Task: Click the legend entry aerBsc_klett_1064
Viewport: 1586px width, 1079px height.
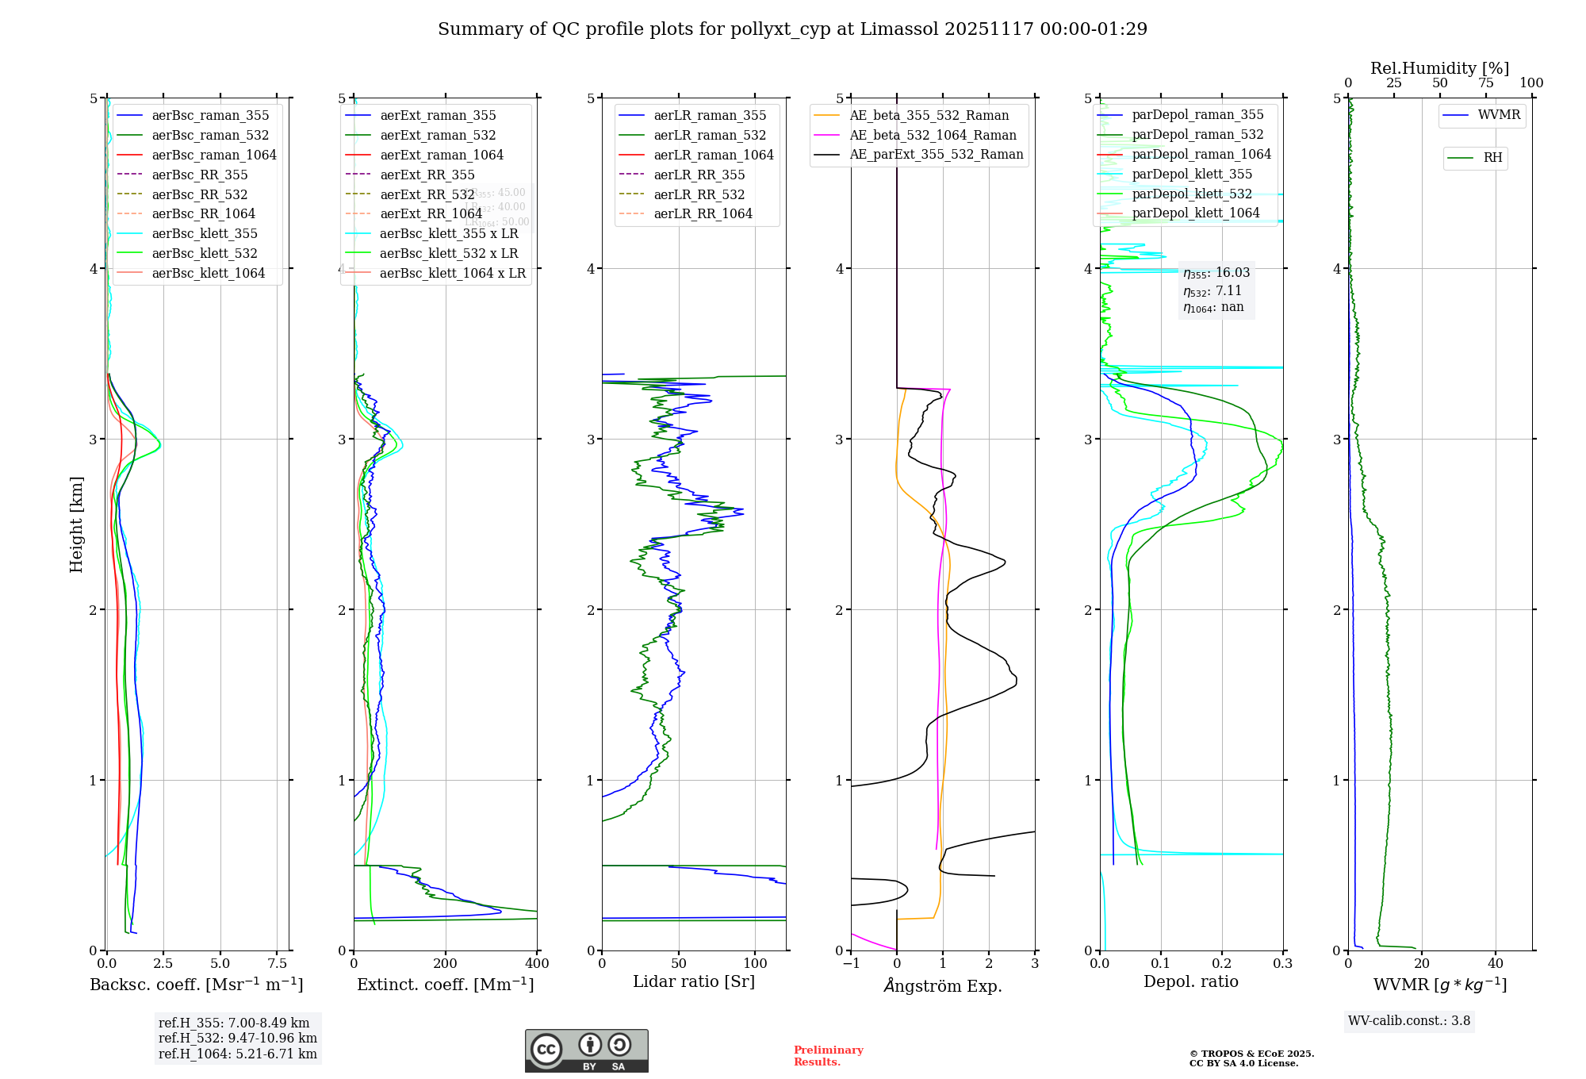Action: tap(208, 273)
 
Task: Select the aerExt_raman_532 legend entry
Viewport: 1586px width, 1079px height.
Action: tap(438, 135)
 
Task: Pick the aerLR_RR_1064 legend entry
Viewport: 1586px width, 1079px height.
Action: tap(703, 213)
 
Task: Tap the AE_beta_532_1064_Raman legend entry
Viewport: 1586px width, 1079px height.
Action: tap(933, 135)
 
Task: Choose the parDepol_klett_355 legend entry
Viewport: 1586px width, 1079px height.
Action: tap(1192, 174)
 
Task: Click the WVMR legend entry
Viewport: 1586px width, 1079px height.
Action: tap(1499, 115)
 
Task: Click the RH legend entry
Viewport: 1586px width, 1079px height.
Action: tap(1492, 158)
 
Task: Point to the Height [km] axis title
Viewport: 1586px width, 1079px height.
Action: tap(76, 524)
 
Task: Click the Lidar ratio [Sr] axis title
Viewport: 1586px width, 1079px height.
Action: tap(694, 981)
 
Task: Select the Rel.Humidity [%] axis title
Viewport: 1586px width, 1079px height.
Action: tap(1439, 68)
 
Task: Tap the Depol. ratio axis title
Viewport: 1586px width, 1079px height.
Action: tap(1190, 981)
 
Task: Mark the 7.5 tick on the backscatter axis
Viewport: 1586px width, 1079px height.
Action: tap(278, 963)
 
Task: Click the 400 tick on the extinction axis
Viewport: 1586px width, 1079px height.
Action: tap(537, 963)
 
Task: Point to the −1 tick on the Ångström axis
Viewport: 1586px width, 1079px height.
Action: tap(851, 963)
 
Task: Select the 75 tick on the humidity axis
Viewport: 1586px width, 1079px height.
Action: tap(1485, 83)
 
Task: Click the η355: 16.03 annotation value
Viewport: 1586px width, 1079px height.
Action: tap(1216, 273)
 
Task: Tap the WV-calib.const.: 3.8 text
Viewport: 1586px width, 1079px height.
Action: tap(1409, 1020)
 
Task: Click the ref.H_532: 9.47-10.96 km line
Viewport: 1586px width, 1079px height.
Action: tap(237, 1038)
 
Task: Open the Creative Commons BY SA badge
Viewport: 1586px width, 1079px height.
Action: tap(586, 1050)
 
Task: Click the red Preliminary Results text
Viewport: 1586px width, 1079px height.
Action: tap(828, 1055)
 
